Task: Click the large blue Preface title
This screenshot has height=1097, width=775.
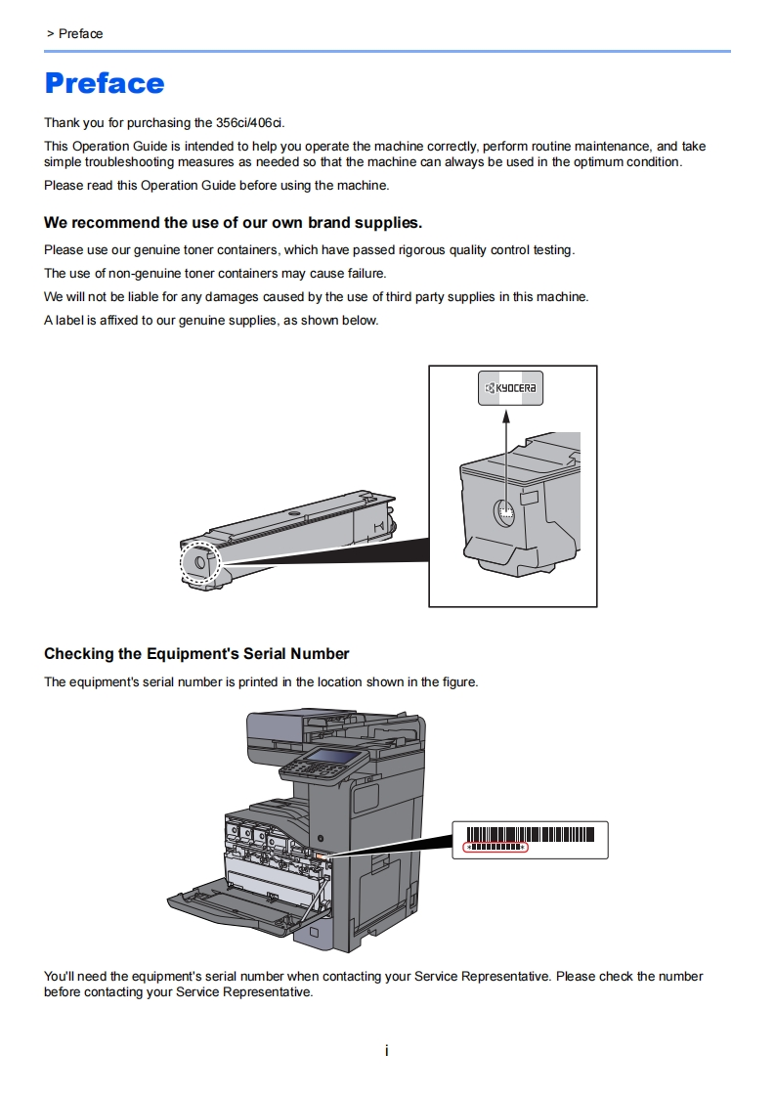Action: tap(105, 83)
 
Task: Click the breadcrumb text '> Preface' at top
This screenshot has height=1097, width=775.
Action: tap(74, 34)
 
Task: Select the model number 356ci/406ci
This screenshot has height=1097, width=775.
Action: tap(250, 123)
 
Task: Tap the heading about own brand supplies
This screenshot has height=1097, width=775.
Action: tap(233, 223)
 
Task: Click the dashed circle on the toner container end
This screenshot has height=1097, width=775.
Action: tap(200, 562)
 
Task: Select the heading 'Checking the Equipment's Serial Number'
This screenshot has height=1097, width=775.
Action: tap(196, 653)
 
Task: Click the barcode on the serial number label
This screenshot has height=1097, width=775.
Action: tap(497, 834)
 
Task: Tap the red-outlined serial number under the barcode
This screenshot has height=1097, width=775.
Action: tap(495, 847)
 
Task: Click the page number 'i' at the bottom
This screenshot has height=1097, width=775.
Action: tap(387, 1051)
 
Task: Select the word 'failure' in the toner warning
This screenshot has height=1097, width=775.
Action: tap(365, 274)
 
